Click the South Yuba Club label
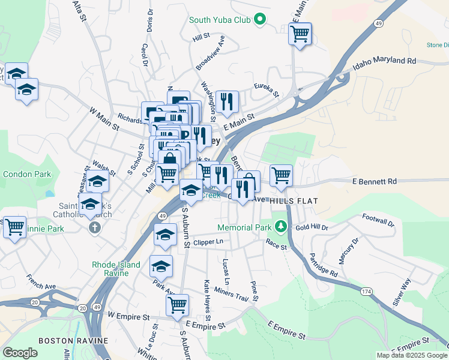click(220, 20)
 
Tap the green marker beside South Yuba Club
click(261, 20)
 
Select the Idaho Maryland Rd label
click(384, 61)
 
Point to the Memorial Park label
click(245, 228)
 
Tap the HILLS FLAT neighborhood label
click(293, 200)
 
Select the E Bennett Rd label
click(375, 181)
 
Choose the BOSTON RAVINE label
click(73, 340)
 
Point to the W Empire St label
click(128, 315)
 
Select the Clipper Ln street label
click(208, 242)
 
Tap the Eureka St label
click(267, 89)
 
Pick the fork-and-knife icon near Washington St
click(227, 101)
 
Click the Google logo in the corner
click(20, 353)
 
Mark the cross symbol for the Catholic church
click(94, 228)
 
